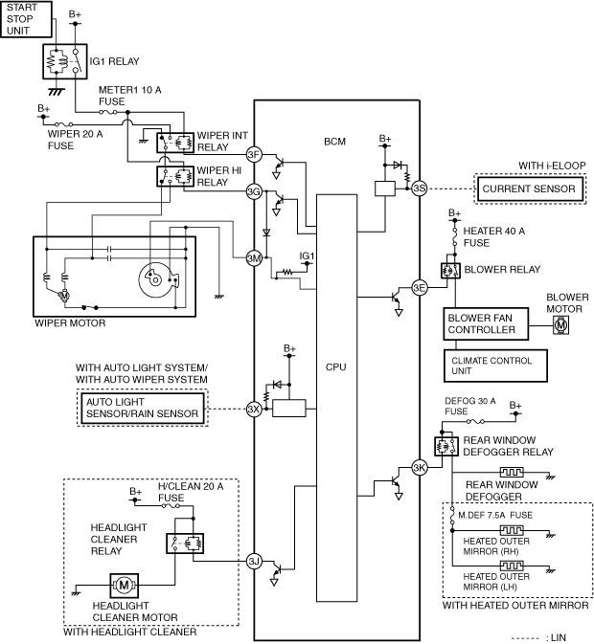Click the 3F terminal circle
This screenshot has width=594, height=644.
pyautogui.click(x=254, y=154)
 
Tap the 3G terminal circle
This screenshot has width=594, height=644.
pyautogui.click(x=254, y=191)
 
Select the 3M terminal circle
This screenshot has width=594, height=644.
pyautogui.click(x=254, y=258)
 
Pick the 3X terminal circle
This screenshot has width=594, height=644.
pyautogui.click(x=254, y=409)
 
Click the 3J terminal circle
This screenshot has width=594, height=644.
pyautogui.click(x=254, y=562)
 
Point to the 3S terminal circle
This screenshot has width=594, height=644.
pyautogui.click(x=420, y=189)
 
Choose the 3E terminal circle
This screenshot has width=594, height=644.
pyautogui.click(x=420, y=288)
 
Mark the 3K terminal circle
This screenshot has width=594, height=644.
pyautogui.click(x=420, y=467)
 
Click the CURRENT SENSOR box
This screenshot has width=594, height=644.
pyautogui.click(x=530, y=189)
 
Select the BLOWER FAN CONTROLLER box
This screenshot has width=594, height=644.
pyautogui.click(x=486, y=323)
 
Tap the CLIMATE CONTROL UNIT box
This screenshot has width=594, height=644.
pyautogui.click(x=495, y=366)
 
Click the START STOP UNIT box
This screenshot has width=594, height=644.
pyautogui.click(x=26, y=19)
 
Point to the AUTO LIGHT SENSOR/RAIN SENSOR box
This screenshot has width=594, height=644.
pyautogui.click(x=143, y=408)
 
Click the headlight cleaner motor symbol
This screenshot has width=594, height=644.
pyautogui.click(x=125, y=586)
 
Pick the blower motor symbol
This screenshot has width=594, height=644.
pyautogui.click(x=560, y=325)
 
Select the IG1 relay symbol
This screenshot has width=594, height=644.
pyautogui.click(x=65, y=61)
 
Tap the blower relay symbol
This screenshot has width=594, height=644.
pyautogui.click(x=450, y=271)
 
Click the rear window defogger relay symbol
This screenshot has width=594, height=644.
pyautogui.click(x=446, y=446)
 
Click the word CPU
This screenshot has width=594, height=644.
pyautogui.click(x=336, y=366)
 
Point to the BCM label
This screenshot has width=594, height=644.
pyautogui.click(x=334, y=142)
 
